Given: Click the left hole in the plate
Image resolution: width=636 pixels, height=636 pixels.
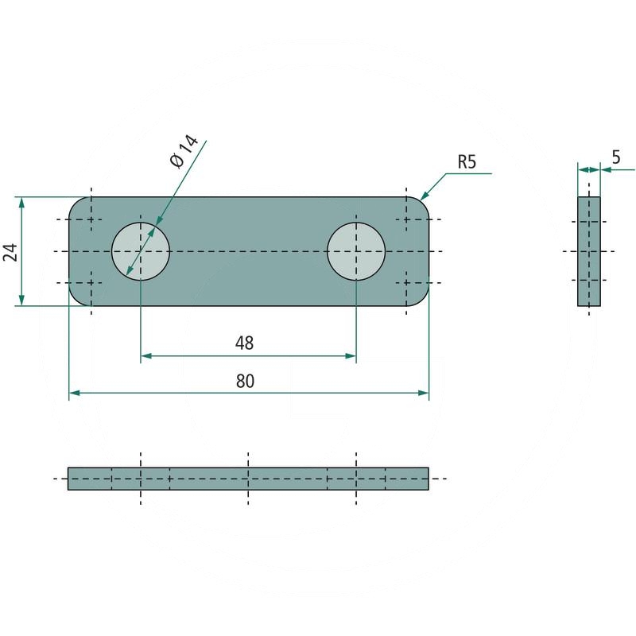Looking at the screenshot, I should coord(141,251).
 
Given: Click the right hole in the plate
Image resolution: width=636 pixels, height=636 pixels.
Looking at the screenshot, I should coord(356,251).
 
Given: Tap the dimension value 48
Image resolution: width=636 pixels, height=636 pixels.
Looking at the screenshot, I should coord(244,343).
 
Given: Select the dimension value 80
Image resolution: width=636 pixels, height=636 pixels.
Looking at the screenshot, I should coord(245,381).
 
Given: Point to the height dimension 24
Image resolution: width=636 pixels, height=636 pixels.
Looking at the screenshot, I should coord(10,253).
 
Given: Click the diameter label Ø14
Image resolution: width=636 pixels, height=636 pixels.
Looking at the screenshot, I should coord(182,150).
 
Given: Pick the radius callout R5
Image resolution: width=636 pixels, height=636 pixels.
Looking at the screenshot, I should coord(467,163).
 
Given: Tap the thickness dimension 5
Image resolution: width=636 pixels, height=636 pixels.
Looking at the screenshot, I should coord(616,157).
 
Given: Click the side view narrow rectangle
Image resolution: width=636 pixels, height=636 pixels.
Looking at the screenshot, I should coord(589,251).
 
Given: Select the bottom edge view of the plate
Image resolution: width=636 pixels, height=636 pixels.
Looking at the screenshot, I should coord(248,479).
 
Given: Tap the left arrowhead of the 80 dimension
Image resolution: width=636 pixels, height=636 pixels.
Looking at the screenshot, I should coord(74,393).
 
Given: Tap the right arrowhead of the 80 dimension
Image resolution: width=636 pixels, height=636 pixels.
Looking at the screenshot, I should coord(424,393).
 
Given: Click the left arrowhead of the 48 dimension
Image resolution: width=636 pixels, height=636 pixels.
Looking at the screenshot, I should coord(145,356).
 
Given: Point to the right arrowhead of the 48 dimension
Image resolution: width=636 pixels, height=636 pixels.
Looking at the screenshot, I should coord(351,356).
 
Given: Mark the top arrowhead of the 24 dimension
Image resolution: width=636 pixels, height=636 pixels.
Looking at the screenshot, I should coord(21,203).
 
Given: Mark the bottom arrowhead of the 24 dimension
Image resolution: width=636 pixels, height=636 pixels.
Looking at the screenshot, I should coord(21,301).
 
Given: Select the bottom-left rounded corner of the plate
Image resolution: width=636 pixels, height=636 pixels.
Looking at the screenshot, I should coord(74,300).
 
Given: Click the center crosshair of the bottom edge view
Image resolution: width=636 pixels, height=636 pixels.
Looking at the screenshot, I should coord(248,479).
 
